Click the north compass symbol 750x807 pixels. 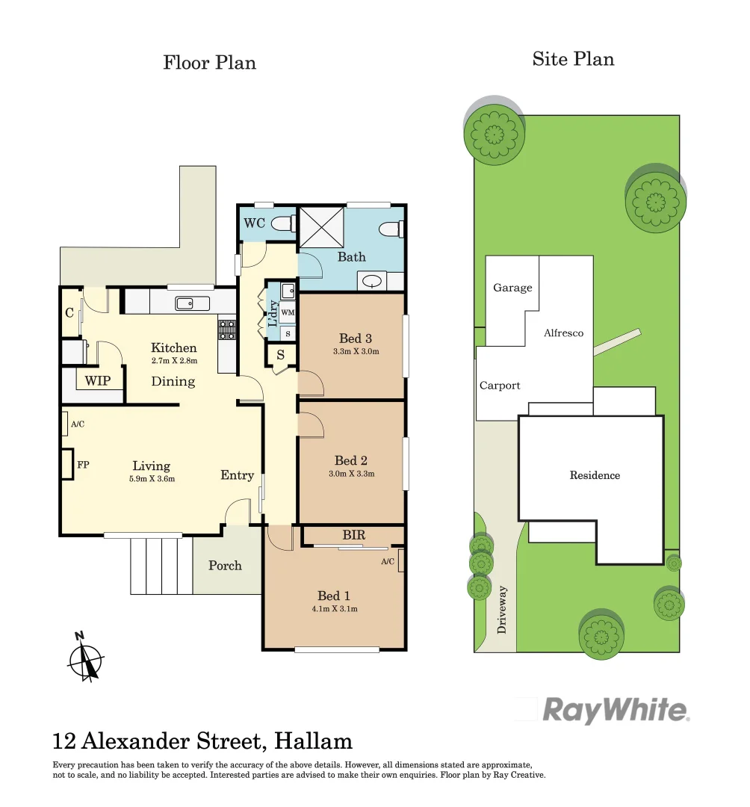pos(85,657)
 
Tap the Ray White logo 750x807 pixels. pos(614,710)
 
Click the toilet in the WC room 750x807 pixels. pos(282,223)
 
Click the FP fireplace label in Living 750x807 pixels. pos(83,465)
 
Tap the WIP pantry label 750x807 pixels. pos(98,381)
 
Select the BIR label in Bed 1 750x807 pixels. pos(353,536)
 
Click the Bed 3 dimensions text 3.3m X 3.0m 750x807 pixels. pos(355,351)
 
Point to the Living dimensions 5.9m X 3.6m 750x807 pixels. pos(151,479)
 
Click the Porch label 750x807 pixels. pos(225,566)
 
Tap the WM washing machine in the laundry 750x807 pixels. pos(288,312)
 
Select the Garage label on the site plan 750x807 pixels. pos(512,288)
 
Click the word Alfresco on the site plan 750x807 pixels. pos(563,333)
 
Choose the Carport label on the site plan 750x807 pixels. pos(500,386)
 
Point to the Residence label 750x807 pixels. pos(595,475)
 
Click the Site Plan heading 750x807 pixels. pos(573,60)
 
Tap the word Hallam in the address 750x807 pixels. pos(314,741)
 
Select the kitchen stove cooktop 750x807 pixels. pos(226,330)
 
